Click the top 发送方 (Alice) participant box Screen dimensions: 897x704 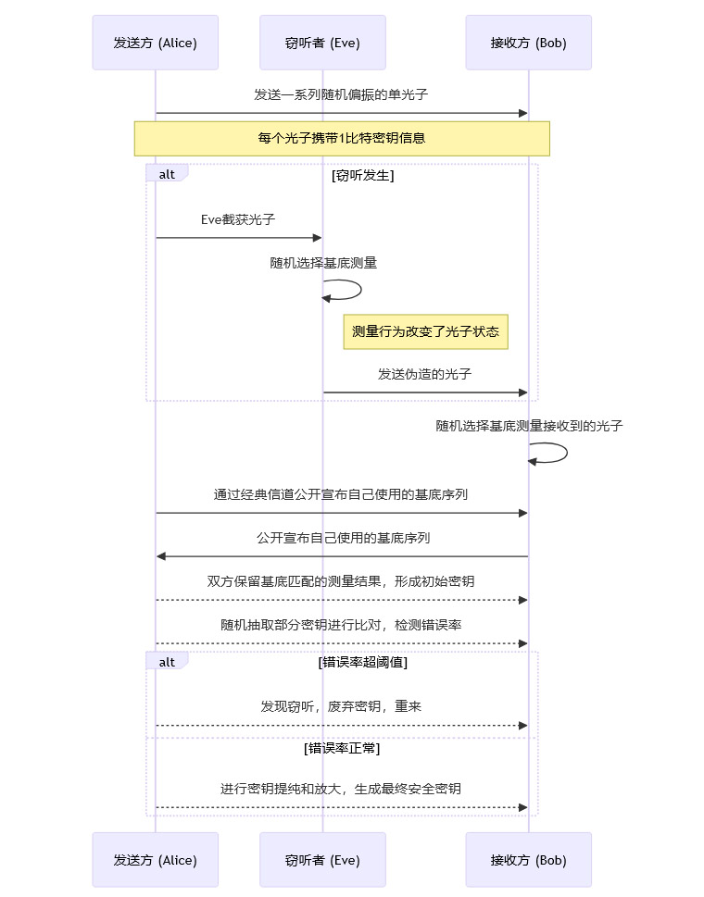155,43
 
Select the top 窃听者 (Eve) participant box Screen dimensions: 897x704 322,43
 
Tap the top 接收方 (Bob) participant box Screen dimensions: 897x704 528,43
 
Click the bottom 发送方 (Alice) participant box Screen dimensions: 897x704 155,860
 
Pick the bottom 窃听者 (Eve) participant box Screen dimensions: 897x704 322,860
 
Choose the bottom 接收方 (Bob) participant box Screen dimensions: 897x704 528,860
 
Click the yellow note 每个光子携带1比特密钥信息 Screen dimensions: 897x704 342,139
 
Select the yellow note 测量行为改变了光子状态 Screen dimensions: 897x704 425,331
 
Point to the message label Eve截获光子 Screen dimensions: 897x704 238,220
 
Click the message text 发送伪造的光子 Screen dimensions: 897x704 425,375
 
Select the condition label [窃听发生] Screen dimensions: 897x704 363,175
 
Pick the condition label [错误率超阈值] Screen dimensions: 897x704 363,662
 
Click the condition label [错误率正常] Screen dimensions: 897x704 342,748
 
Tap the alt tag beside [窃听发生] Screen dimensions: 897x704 167,174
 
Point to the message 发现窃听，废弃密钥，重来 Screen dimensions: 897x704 341,706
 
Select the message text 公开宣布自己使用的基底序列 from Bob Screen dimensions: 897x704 343,538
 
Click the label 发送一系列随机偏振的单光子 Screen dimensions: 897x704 341,94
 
